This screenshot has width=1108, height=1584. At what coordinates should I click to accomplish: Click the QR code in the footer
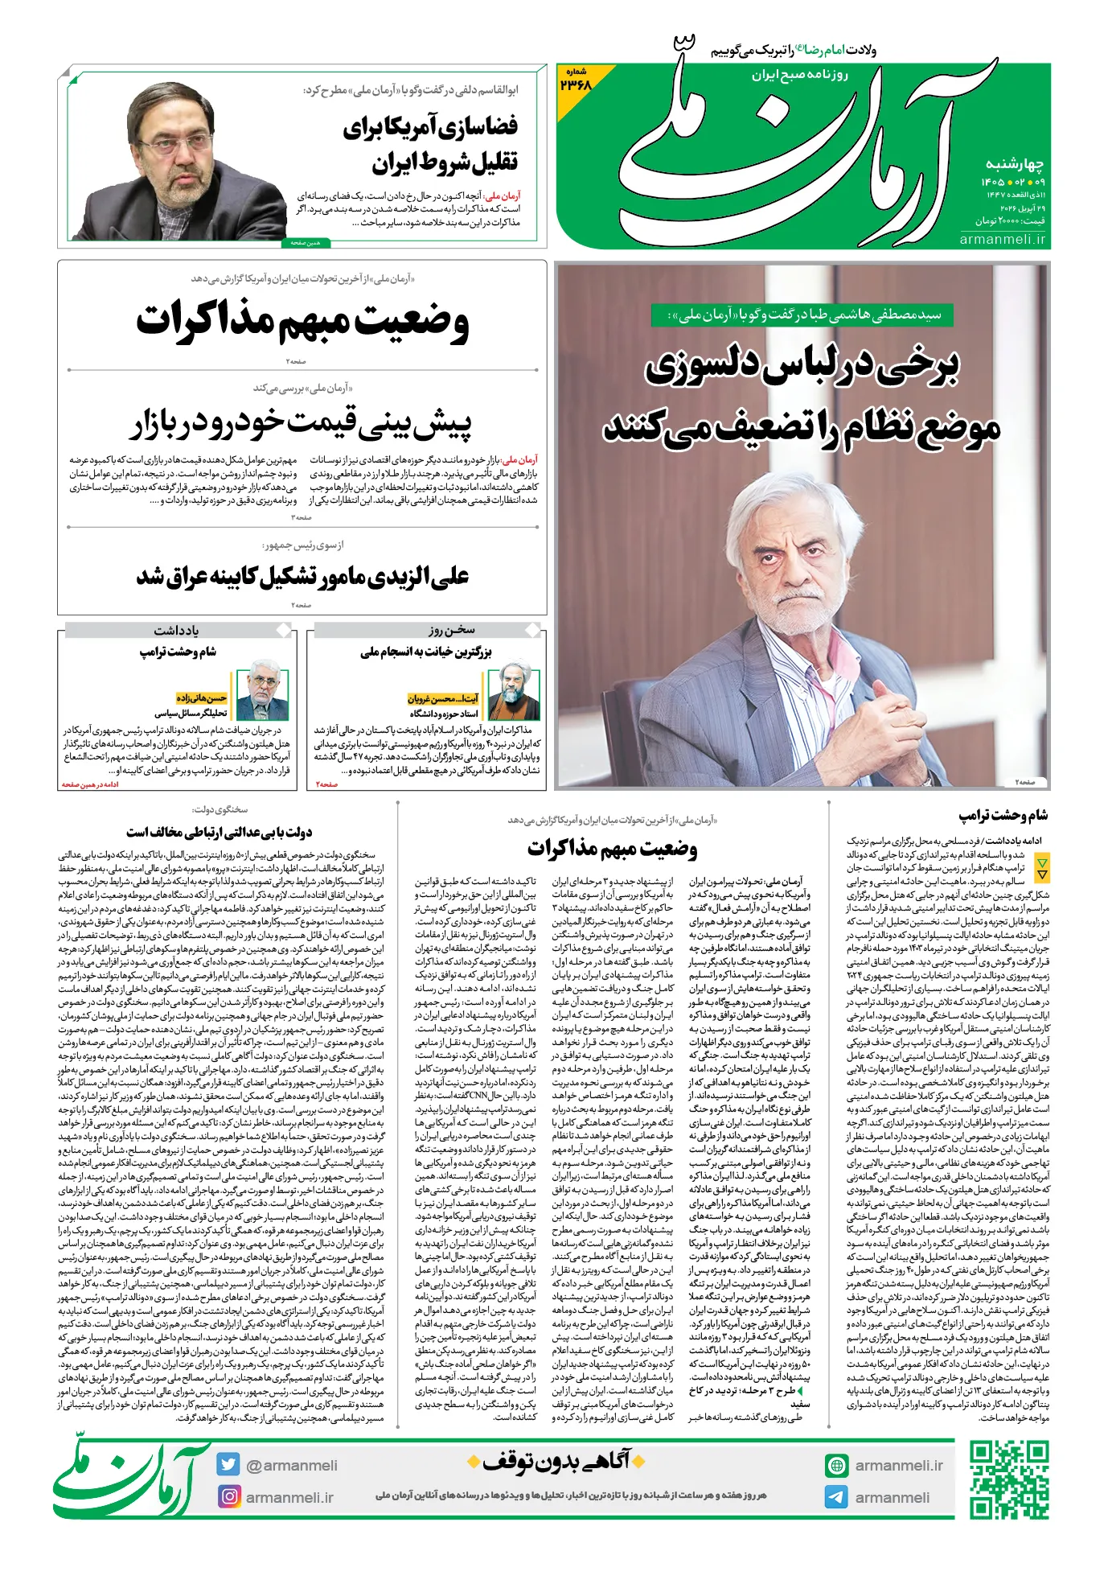tap(1008, 1479)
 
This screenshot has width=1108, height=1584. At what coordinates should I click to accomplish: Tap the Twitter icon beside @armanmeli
tap(228, 1465)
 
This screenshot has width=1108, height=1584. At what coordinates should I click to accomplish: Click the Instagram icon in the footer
tap(229, 1496)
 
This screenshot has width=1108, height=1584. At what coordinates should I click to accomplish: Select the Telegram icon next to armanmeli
tap(836, 1497)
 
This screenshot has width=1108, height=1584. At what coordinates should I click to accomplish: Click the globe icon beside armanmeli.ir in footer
tap(836, 1466)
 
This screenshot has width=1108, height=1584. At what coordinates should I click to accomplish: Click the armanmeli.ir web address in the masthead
tap(1002, 239)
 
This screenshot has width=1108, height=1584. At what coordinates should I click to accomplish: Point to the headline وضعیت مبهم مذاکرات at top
tap(302, 321)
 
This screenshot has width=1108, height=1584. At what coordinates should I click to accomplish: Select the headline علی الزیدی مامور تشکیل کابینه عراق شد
tap(302, 576)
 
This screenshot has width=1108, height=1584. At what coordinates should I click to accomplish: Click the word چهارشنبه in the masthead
tap(1014, 165)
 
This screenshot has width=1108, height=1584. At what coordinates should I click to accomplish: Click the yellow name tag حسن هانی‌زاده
tap(202, 698)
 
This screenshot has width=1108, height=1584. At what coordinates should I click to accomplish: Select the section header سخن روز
tap(451, 630)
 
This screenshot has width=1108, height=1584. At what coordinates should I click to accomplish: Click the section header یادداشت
tap(176, 631)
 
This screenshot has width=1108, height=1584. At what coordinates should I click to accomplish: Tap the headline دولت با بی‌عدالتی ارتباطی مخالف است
tap(219, 832)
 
